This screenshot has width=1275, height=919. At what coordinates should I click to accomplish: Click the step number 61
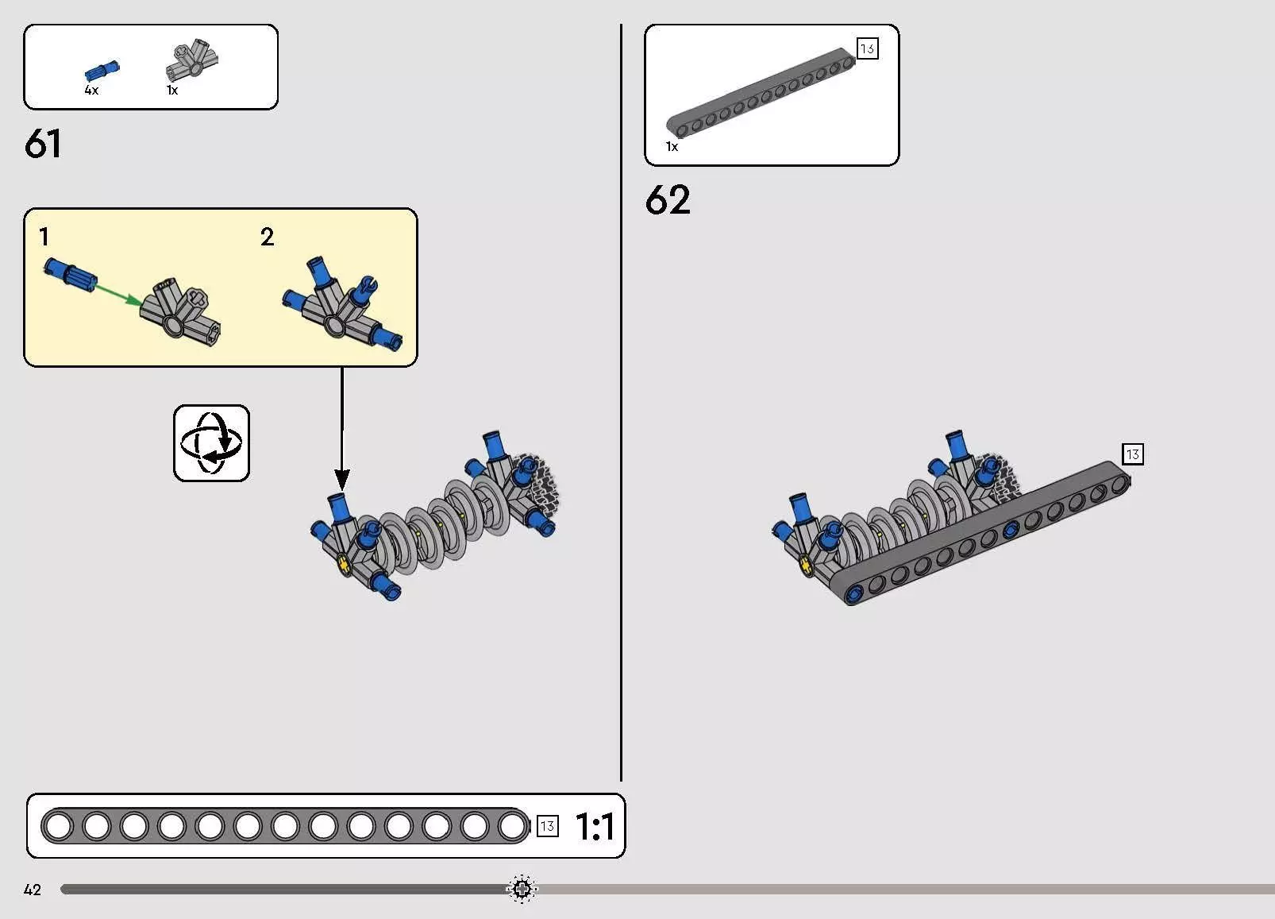click(43, 143)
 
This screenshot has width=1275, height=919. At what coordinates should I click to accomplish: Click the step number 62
click(668, 199)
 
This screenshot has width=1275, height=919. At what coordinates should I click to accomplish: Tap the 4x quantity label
click(91, 90)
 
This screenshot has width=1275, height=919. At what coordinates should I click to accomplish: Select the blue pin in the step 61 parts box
click(102, 71)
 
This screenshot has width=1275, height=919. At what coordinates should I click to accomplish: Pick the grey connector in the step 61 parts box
click(192, 60)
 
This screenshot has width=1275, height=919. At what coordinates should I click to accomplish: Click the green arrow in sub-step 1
click(118, 295)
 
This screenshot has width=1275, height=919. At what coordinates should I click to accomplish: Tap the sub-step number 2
click(267, 236)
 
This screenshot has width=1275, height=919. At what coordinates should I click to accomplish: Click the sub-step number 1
click(44, 236)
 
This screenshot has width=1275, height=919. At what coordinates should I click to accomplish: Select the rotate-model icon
click(212, 443)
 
